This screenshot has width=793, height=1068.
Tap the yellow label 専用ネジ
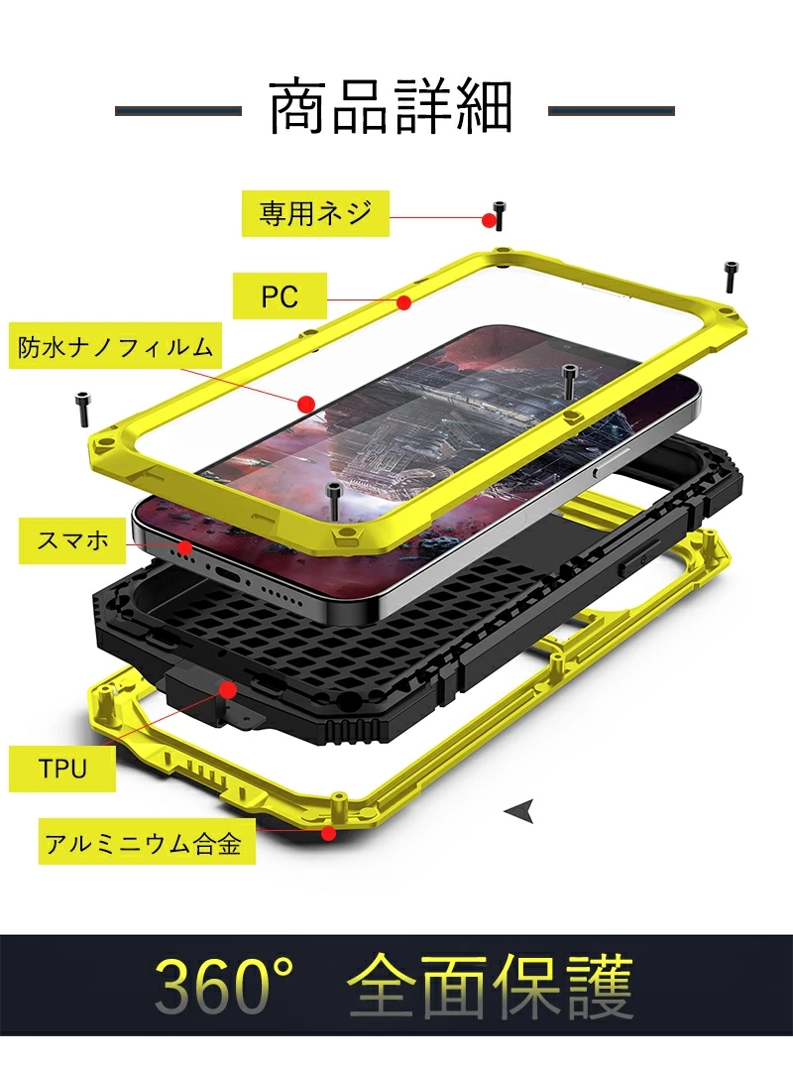(315, 214)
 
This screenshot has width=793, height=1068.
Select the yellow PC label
(280, 297)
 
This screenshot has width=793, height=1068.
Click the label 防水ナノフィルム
(115, 347)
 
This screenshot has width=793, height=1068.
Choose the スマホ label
(72, 540)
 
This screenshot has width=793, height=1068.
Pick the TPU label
(61, 769)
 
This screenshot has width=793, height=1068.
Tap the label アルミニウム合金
(147, 843)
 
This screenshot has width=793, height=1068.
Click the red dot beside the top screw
(489, 221)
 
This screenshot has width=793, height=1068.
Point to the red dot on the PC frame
(404, 302)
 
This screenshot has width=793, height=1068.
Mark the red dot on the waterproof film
(306, 404)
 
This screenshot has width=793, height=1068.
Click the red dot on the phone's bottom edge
(185, 547)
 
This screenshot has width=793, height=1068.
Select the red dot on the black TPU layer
(228, 690)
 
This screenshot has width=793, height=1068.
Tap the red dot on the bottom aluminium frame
(329, 832)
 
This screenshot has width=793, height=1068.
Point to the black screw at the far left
(83, 410)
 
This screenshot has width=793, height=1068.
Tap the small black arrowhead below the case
(520, 810)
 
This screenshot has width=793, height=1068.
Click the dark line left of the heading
(178, 110)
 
